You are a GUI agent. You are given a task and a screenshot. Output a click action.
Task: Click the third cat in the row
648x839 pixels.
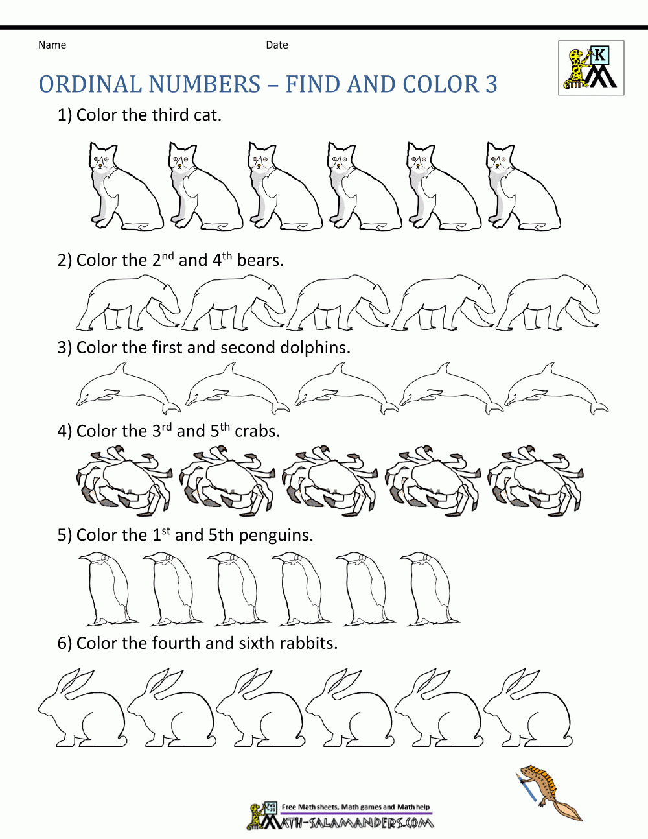click(x=284, y=188)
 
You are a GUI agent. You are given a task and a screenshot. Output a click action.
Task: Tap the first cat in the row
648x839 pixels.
click(x=124, y=188)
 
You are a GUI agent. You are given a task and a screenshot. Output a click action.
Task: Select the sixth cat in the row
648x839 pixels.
click(x=522, y=188)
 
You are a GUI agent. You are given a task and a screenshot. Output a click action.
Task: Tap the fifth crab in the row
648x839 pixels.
click(x=535, y=480)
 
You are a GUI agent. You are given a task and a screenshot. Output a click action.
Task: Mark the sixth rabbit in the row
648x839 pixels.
click(x=527, y=710)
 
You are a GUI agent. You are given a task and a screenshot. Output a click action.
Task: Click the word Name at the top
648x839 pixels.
click(x=52, y=45)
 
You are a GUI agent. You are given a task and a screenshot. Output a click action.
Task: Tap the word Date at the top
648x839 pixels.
click(x=277, y=45)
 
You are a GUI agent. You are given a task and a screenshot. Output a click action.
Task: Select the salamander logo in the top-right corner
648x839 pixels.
click(x=591, y=68)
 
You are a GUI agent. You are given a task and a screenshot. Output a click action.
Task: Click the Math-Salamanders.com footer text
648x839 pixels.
click(x=355, y=822)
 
